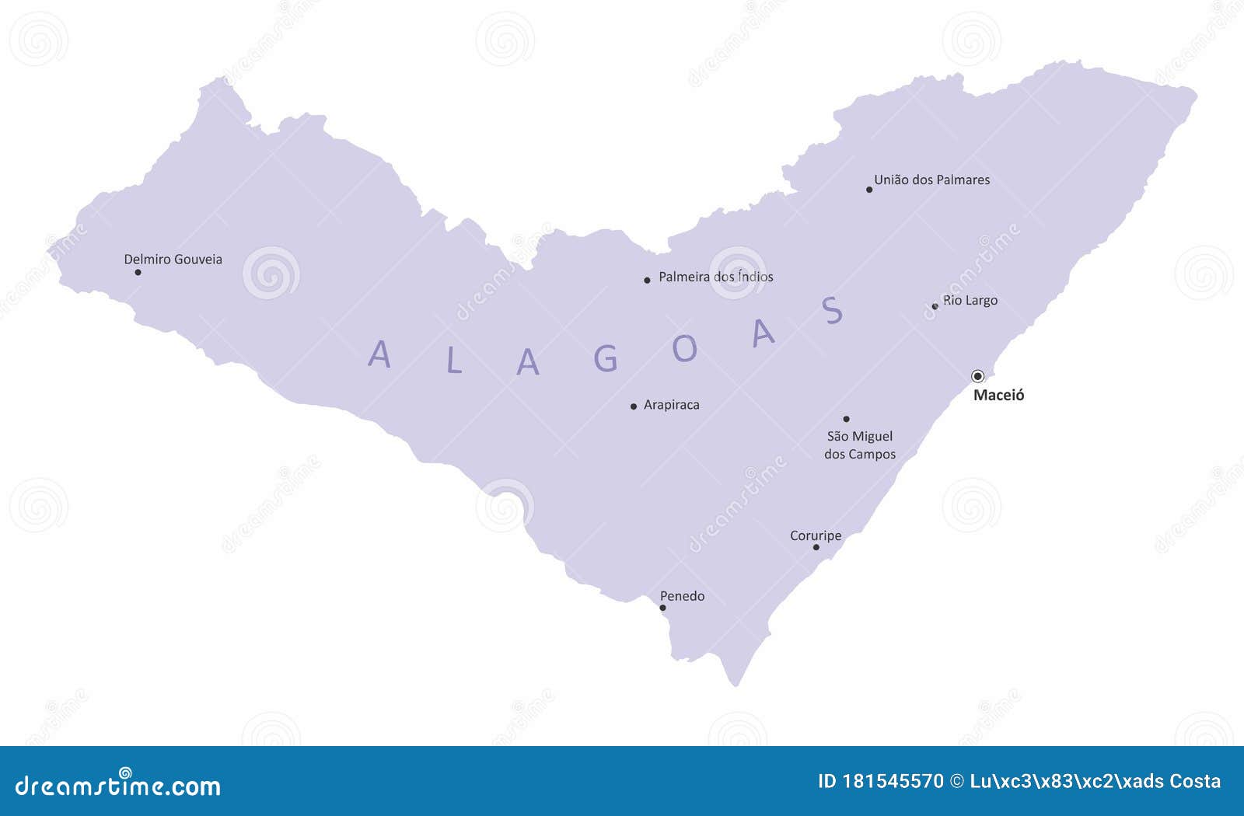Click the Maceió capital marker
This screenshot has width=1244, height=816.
point(977,376)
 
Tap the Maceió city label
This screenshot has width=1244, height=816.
point(999,395)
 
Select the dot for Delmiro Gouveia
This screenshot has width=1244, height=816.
point(138,272)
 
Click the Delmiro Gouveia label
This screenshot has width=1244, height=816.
point(173,260)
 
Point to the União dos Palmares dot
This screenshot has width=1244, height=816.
point(869,190)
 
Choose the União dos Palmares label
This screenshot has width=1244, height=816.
point(932,180)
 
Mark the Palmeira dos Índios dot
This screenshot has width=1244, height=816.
point(647,280)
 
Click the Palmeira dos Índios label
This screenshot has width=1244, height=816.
point(716,277)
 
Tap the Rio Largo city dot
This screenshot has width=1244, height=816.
point(935,306)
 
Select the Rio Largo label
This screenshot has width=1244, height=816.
point(970,300)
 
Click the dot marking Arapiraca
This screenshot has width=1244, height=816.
point(634,406)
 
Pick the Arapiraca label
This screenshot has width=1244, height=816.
point(672,405)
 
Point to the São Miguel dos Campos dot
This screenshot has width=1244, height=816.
point(846,419)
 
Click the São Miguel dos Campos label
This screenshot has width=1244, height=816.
point(860,445)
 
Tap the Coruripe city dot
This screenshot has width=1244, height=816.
point(816,547)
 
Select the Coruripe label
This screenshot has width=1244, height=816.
point(816,535)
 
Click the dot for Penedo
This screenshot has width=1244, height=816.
point(662,608)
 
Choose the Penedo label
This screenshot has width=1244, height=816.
point(683,596)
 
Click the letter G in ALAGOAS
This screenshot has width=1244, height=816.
point(606,358)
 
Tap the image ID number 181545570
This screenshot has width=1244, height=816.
point(893,781)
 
